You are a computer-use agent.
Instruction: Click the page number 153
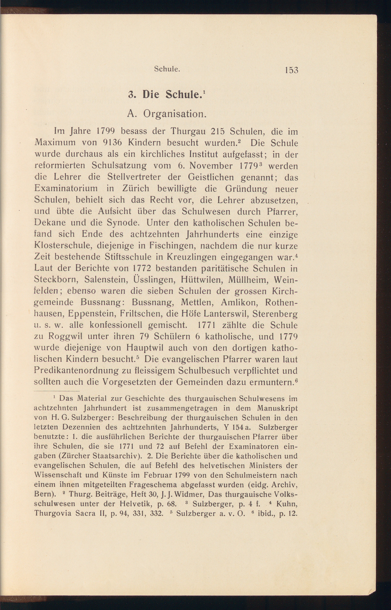291,70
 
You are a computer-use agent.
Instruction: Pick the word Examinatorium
66,188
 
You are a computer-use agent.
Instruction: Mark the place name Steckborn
56,279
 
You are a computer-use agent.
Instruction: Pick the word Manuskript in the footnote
277,408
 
